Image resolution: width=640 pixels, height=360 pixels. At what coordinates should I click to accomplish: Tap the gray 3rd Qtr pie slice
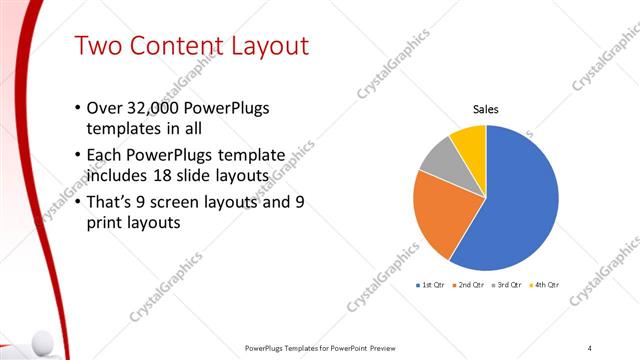point(439,159)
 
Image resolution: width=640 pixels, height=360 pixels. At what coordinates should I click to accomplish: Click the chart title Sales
point(485,110)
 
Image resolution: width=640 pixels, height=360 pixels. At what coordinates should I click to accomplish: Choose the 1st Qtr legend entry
point(431,285)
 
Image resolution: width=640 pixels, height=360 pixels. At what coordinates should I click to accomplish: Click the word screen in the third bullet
point(183,202)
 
